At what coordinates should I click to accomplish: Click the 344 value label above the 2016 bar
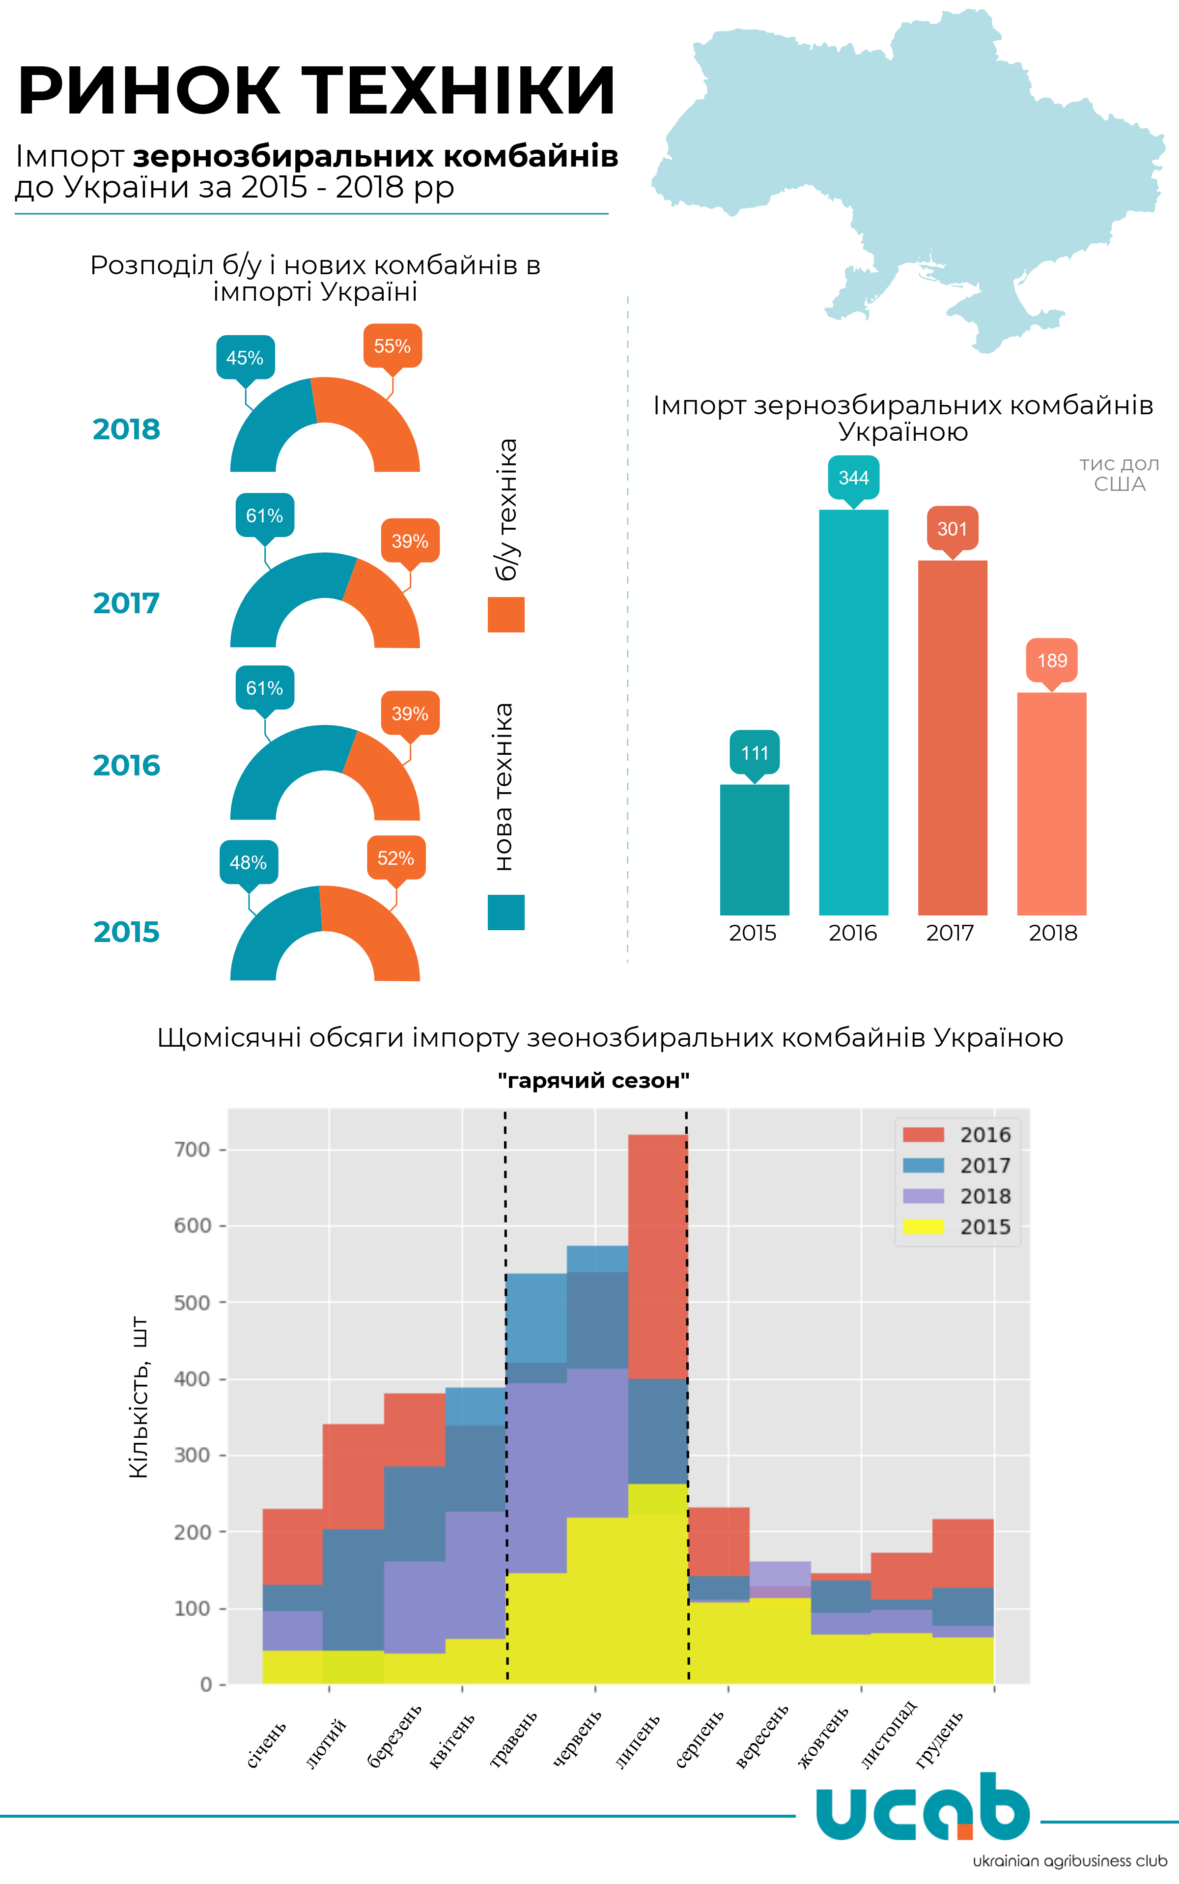(x=853, y=477)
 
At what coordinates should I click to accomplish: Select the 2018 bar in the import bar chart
(x=1051, y=803)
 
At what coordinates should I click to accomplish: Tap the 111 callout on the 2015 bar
(x=754, y=752)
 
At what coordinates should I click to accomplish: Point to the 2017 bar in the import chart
(x=952, y=737)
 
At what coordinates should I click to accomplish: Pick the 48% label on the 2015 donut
(x=248, y=862)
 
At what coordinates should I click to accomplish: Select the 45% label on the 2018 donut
(x=245, y=358)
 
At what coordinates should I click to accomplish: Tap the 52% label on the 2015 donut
(x=396, y=858)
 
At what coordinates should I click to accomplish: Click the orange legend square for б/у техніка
(x=506, y=614)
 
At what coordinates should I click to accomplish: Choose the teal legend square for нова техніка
(x=506, y=913)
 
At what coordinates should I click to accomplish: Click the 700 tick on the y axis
(x=192, y=1149)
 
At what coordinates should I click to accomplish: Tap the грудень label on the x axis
(x=940, y=1740)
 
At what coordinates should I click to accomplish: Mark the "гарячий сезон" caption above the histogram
(x=593, y=1081)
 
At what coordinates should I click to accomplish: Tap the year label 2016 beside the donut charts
(x=126, y=766)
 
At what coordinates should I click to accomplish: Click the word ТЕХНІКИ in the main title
(x=458, y=91)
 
